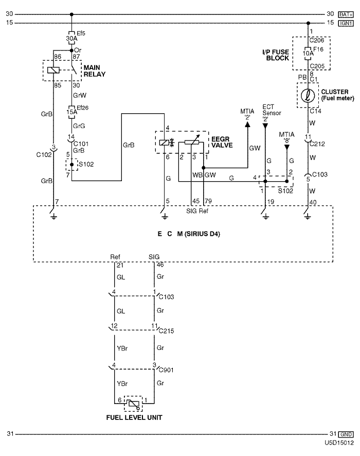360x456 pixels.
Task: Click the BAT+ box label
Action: pyautogui.click(x=346, y=14)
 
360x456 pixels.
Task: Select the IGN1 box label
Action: pyautogui.click(x=346, y=23)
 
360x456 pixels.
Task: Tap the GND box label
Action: pyautogui.click(x=346, y=434)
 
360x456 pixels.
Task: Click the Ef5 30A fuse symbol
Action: pyautogui.click(x=71, y=38)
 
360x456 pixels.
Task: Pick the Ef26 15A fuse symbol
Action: pyautogui.click(x=71, y=112)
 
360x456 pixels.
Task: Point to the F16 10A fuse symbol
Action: pyautogui.click(x=308, y=54)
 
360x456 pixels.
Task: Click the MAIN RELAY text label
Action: pyautogui.click(x=95, y=71)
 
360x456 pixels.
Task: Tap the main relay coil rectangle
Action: pyautogui.click(x=53, y=70)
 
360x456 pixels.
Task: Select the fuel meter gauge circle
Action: pyautogui.click(x=308, y=95)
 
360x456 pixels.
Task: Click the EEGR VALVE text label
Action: pyautogui.click(x=222, y=142)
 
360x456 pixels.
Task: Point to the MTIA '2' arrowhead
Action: pyautogui.click(x=247, y=125)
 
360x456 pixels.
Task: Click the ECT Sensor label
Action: pyautogui.click(x=272, y=110)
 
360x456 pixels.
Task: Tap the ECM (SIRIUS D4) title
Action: pyautogui.click(x=189, y=234)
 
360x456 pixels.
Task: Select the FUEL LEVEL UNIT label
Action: pyautogui.click(x=134, y=417)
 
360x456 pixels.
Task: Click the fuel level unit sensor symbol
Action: pyautogui.click(x=133, y=404)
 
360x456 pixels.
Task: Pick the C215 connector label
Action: pyautogui.click(x=167, y=331)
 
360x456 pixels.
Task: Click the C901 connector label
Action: pyautogui.click(x=166, y=370)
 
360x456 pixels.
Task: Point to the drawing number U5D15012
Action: pyautogui.click(x=339, y=443)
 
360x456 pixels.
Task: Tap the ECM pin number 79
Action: pyautogui.click(x=208, y=201)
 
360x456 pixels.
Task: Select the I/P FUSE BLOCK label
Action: pyautogui.click(x=276, y=55)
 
